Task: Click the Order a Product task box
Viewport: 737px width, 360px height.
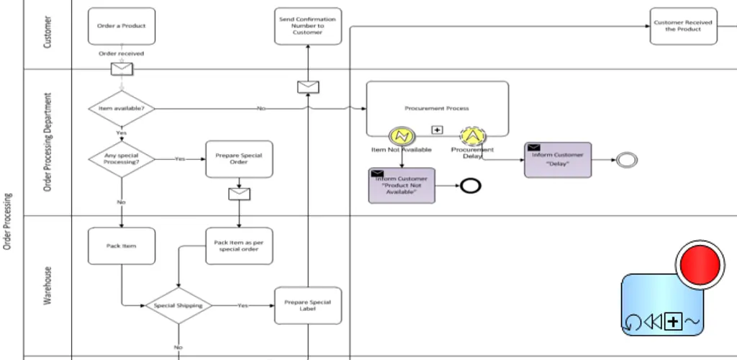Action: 121,27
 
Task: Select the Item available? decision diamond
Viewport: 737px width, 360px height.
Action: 122,109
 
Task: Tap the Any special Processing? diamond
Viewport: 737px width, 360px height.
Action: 122,159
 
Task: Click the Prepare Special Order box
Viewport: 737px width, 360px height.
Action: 239,159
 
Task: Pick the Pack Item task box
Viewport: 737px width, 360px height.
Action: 121,246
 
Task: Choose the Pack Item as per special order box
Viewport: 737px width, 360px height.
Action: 239,246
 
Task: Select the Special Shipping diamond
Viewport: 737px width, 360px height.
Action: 178,305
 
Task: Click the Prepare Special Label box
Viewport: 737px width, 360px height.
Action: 308,305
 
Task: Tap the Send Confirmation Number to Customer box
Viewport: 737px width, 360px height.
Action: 308,27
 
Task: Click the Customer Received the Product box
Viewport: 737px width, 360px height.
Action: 684,27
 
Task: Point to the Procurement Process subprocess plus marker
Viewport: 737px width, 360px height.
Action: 437,130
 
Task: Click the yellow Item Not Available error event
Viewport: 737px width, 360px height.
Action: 402,136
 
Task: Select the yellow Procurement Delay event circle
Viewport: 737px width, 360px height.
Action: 473,136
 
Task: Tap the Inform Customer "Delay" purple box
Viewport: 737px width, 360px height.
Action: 558,160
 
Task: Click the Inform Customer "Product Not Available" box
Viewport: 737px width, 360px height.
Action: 402,186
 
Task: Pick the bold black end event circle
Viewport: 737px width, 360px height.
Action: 471,186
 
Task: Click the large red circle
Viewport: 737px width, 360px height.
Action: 700,264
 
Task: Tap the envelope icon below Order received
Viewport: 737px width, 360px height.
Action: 122,69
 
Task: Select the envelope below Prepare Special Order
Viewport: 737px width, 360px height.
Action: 239,194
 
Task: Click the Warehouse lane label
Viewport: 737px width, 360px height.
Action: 48,286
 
